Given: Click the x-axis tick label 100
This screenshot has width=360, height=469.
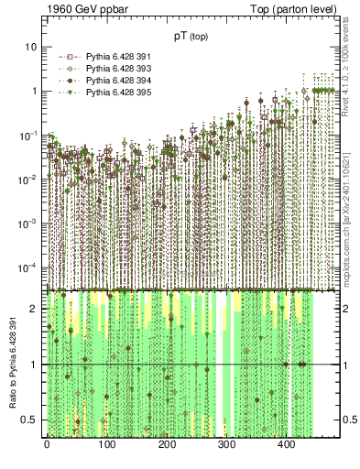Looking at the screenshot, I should coord(106,444).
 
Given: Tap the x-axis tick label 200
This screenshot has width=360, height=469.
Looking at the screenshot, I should coord(167,444).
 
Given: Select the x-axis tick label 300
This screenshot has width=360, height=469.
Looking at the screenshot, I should coord(226,444).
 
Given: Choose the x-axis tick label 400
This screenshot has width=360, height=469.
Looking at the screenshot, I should coord(286,444).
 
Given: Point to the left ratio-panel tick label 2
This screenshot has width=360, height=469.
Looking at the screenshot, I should coord(35,309).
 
